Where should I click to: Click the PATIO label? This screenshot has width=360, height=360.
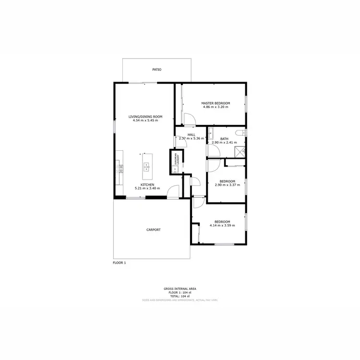[157, 70]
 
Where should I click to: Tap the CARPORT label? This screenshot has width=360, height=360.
[154, 229]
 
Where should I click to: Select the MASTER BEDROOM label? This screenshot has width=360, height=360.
[216, 103]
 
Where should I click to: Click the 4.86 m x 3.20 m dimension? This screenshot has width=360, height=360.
[216, 108]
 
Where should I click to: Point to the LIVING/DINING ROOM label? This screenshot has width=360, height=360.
[145, 117]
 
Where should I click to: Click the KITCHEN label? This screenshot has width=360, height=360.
[147, 184]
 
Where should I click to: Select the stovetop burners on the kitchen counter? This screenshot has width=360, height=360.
[120, 168]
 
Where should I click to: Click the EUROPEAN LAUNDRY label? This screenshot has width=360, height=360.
[177, 159]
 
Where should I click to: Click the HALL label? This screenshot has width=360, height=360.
[191, 135]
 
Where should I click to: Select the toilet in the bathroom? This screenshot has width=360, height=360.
[241, 133]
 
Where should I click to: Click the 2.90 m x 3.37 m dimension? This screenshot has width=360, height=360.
[226, 185]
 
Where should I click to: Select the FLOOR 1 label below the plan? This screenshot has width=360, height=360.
[119, 263]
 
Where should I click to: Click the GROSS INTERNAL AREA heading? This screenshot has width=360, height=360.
[180, 288]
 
